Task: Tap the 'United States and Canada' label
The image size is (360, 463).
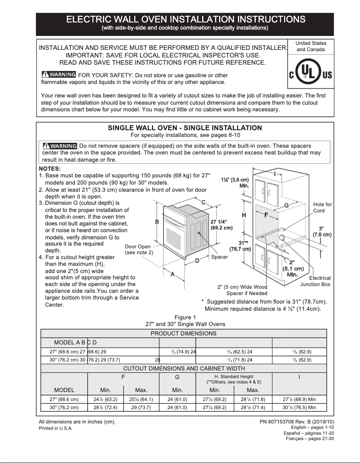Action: [x=311, y=46]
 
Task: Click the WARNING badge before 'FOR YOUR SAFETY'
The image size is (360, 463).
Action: [x=58, y=75]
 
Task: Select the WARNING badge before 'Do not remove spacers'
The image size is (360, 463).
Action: [x=59, y=146]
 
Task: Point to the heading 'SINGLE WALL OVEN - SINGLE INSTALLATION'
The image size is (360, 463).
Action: [x=184, y=128]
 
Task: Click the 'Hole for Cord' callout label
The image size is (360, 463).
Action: [x=322, y=207]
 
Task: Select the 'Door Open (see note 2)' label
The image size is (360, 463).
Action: [x=139, y=250]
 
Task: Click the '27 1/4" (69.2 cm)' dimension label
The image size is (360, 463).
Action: [x=221, y=225]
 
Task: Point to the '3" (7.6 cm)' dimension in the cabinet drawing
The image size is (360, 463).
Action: [x=322, y=232]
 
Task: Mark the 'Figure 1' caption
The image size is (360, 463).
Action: [x=185, y=317]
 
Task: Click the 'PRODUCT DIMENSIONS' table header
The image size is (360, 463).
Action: [x=183, y=333]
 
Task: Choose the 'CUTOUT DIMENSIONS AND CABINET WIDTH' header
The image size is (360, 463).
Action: [x=183, y=368]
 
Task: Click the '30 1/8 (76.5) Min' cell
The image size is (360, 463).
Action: [x=299, y=407]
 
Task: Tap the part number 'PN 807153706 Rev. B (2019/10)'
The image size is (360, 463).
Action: [x=297, y=422]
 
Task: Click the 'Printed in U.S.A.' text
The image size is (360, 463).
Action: [x=56, y=428]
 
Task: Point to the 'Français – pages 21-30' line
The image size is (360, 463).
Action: [x=310, y=439]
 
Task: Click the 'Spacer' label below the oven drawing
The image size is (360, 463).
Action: [x=220, y=257]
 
